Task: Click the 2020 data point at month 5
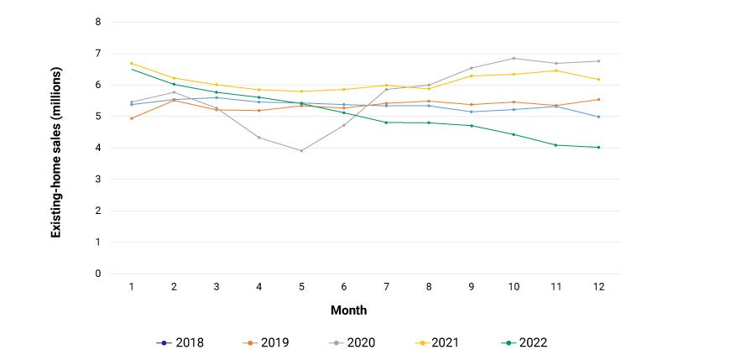301,151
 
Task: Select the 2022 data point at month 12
597,148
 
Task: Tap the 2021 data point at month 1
132,63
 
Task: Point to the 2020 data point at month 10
513,58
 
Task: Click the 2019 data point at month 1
132,118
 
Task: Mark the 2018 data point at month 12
597,117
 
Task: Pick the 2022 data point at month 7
386,123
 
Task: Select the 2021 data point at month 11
555,70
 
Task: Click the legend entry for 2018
180,342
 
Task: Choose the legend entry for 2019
266,342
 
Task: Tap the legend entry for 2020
352,342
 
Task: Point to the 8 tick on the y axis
98,22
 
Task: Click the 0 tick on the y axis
98,274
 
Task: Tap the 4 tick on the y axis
98,148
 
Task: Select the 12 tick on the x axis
597,287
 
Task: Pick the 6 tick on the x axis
343,287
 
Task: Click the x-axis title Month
348,310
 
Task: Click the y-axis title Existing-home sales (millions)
56,148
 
